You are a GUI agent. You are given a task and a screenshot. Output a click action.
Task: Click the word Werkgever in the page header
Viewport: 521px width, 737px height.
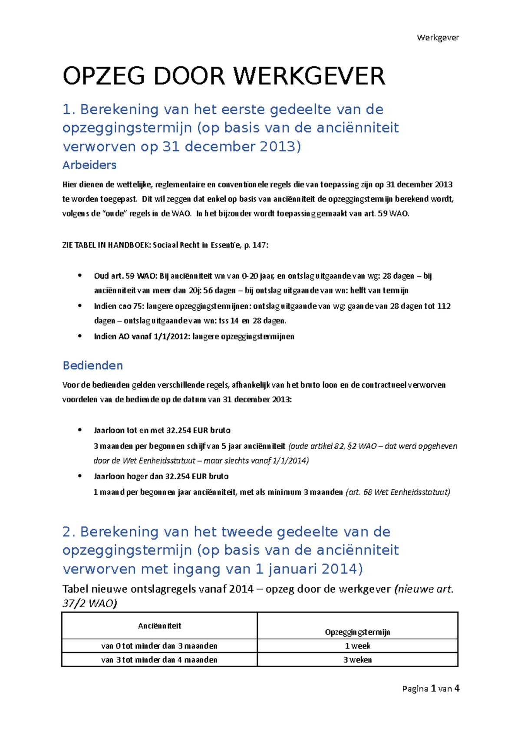tap(438, 37)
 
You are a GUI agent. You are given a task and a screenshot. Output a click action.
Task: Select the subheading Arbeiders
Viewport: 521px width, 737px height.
tap(89, 165)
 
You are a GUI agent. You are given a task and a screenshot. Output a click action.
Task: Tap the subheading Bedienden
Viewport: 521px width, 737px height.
tap(93, 365)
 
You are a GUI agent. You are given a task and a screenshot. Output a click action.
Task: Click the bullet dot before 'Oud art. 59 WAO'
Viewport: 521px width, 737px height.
tap(79, 275)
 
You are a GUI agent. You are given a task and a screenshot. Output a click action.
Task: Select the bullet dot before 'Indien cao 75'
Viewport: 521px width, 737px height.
tap(79, 306)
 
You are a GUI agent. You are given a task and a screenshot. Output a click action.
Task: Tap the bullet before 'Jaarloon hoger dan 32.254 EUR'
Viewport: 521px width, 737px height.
tap(79, 476)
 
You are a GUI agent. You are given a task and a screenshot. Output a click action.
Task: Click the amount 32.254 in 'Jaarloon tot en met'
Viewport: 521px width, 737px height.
tap(178, 430)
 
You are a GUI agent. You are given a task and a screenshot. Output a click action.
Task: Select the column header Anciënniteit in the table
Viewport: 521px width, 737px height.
tap(159, 625)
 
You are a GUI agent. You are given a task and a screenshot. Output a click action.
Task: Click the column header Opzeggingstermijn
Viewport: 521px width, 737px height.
tap(357, 632)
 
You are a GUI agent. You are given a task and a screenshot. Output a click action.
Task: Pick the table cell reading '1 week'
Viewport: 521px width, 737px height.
tap(357, 646)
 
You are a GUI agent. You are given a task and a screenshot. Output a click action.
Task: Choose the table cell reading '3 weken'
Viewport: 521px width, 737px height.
tap(357, 660)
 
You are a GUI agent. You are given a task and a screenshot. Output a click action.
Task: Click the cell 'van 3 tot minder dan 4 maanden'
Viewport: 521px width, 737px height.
tap(159, 660)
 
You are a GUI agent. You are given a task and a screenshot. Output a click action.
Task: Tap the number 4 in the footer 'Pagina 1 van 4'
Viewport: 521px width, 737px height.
tap(457, 688)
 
